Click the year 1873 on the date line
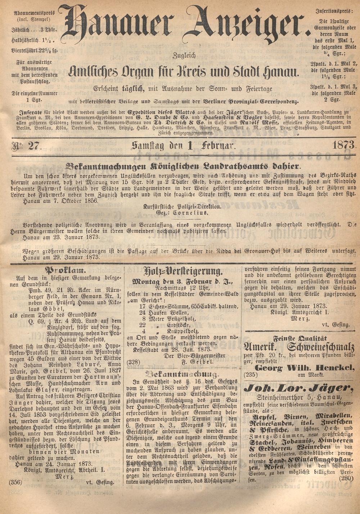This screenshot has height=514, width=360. [344, 146]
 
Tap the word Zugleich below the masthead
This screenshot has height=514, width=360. [184, 56]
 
